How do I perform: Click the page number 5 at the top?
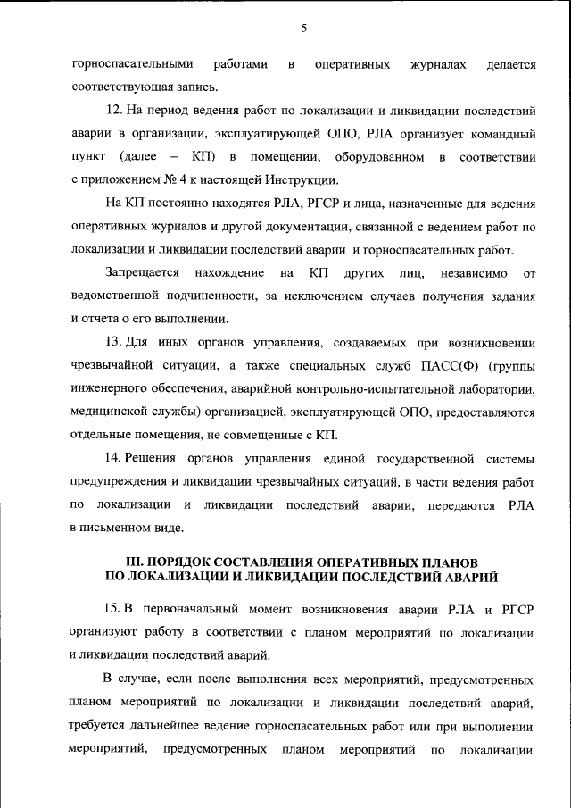(304, 29)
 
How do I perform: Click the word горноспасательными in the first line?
(132, 65)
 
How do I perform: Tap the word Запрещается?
(142, 271)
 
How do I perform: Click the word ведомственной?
(116, 296)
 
